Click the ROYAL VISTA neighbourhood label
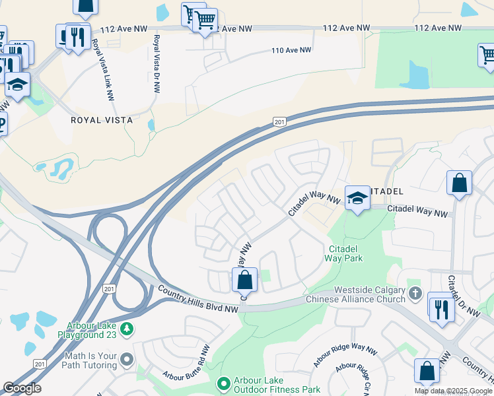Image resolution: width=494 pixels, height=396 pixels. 102,120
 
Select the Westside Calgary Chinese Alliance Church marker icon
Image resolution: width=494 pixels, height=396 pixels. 415,292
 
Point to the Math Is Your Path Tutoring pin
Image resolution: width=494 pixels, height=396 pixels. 126,359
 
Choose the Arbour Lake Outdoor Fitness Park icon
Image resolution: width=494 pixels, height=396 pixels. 223,383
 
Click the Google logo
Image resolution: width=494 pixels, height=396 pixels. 22,388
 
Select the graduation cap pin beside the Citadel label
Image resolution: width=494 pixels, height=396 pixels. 357,199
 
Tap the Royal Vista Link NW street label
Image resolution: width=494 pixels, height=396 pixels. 102,68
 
